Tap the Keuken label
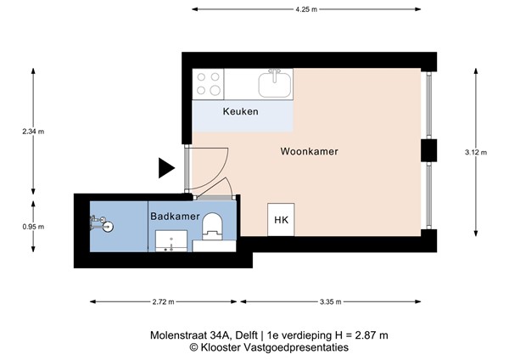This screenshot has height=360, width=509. pyautogui.click(x=240, y=112)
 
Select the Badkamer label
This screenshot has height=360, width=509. pyautogui.click(x=175, y=217)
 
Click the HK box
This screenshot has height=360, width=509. pyautogui.click(x=281, y=222)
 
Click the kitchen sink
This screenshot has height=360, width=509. pyautogui.click(x=276, y=83)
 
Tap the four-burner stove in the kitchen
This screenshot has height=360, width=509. pyautogui.click(x=209, y=83)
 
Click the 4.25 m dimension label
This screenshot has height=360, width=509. pyautogui.click(x=306, y=9)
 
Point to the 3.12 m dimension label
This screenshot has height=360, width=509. pyautogui.click(x=477, y=152)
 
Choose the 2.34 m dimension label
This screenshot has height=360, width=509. pyautogui.click(x=34, y=132)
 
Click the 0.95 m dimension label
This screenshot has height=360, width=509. pyautogui.click(x=34, y=227)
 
